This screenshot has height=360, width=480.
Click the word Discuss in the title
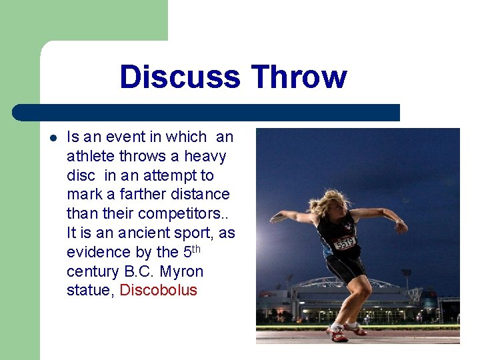179,77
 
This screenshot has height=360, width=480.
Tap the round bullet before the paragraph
53,138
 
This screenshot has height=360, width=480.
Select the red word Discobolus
159,291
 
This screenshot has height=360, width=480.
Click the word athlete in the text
89,156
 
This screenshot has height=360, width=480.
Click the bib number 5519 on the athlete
345,244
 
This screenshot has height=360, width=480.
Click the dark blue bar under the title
207,113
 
